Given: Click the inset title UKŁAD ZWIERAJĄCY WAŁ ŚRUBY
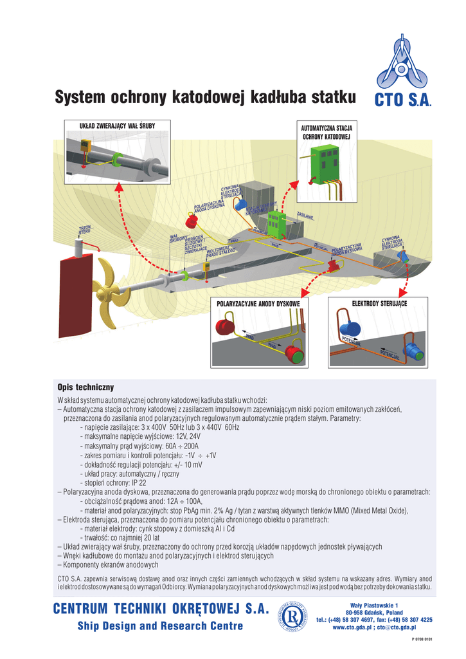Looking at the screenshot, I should pos(116,125).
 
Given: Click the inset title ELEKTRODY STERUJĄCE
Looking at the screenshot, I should pos(379,302).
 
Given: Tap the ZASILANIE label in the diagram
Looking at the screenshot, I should pos(305,216).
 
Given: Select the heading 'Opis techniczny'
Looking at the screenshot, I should pos(85,387).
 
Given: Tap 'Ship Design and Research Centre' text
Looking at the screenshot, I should pos(160,626).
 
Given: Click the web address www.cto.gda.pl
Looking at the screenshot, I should pos(352,627).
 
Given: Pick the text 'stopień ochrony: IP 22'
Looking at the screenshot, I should pos(113,483).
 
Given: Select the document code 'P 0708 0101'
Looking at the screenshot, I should pos(422,640).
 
